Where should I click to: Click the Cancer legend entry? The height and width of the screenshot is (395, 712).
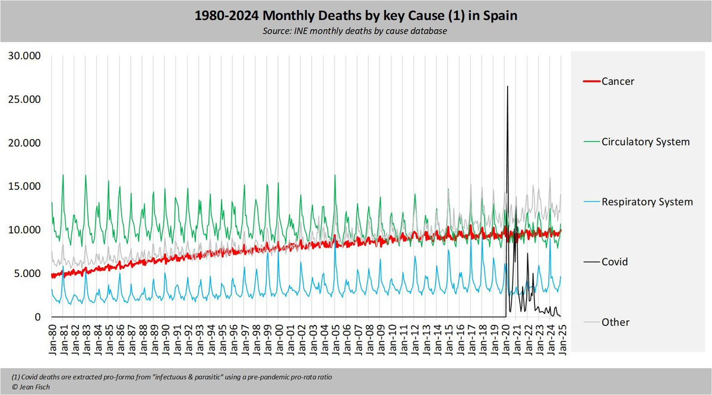(x=618, y=81)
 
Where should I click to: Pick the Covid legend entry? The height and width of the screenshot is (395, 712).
(x=614, y=261)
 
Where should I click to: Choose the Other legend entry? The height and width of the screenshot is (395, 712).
(x=615, y=322)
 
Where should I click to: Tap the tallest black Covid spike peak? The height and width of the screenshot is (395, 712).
(x=507, y=87)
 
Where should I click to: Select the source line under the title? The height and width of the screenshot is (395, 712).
(x=356, y=30)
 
